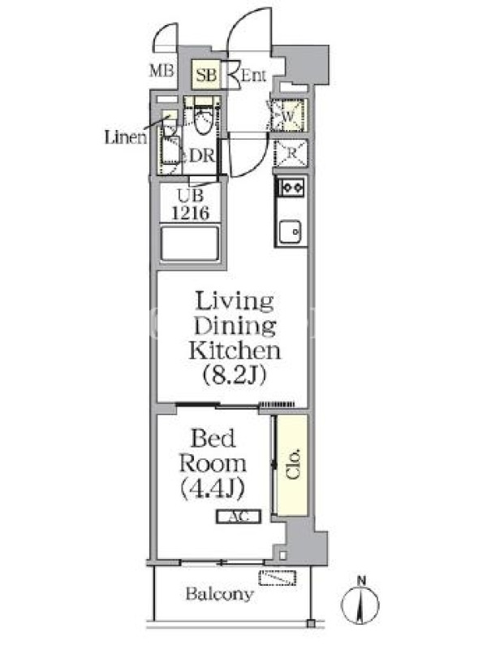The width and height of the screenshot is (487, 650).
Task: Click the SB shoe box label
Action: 206,76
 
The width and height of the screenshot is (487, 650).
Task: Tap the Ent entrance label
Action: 253,76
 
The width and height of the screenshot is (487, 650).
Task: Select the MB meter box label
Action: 162,71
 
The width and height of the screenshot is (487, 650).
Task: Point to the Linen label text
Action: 126,137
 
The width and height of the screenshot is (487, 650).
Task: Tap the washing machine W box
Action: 289,115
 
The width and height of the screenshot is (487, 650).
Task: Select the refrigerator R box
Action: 291,153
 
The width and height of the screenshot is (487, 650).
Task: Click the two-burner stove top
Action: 291,188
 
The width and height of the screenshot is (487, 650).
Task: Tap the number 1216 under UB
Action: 191,213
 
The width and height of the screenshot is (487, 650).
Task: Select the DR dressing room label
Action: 201,156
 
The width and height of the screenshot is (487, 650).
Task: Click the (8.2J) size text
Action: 235,375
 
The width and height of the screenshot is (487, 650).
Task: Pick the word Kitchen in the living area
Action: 235,351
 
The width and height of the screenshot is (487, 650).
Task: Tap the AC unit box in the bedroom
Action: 239,517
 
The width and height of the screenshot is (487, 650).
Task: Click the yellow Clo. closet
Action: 292,465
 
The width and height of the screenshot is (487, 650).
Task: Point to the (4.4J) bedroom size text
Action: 213,488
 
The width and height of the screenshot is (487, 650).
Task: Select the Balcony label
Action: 219,594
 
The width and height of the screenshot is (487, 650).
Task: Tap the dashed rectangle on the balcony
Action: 278,578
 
